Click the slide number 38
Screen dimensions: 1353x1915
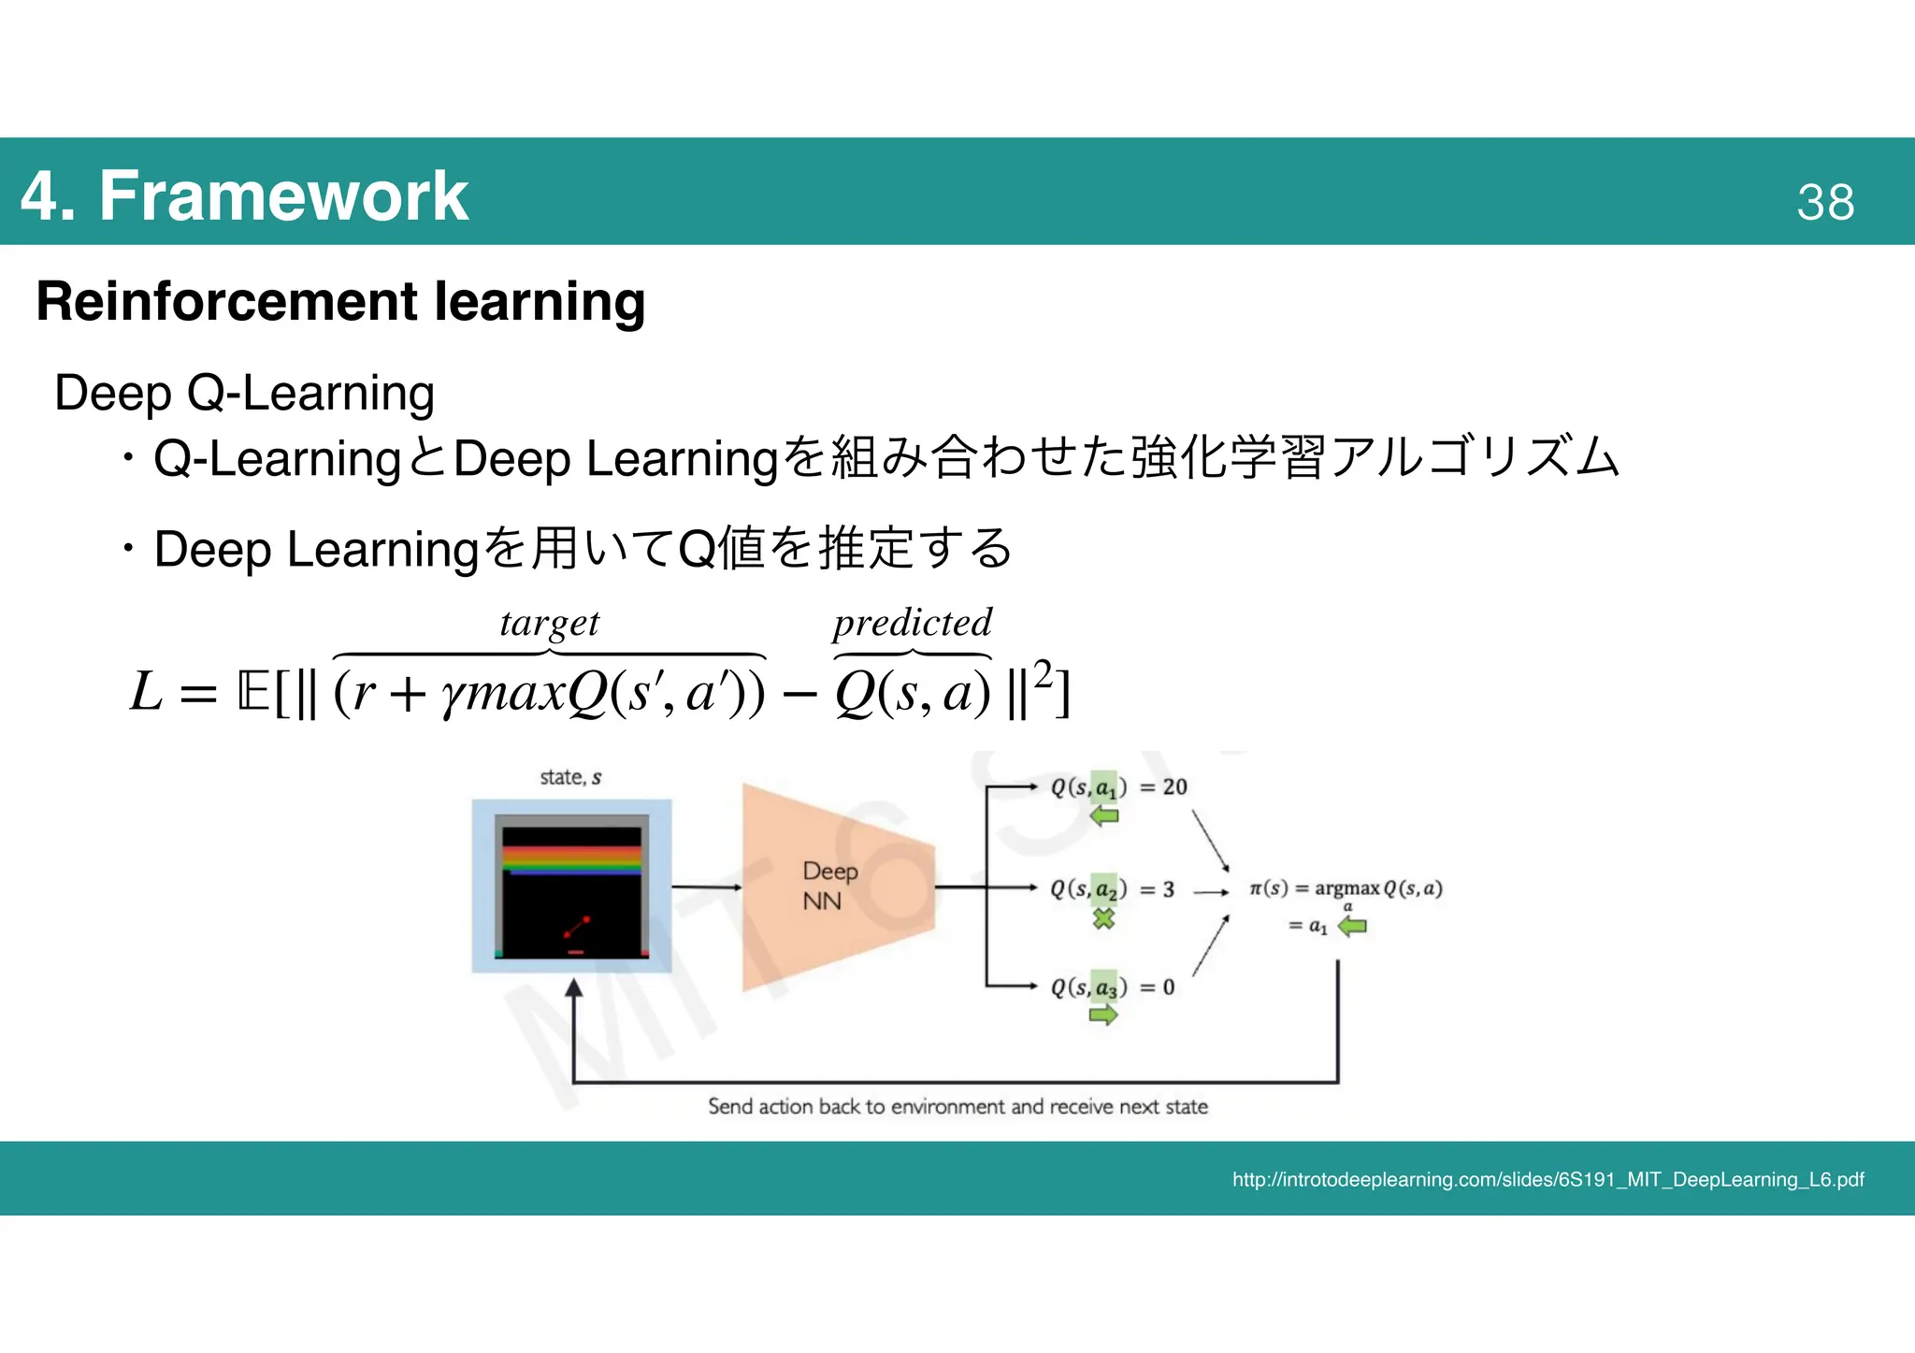click(1824, 201)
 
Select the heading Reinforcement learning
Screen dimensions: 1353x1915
click(340, 301)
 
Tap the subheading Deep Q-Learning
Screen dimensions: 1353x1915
click(244, 392)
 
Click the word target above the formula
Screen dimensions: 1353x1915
click(549, 623)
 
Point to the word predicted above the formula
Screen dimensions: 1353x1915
click(912, 623)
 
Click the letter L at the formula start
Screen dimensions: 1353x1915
click(147, 692)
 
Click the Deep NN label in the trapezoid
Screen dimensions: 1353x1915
click(828, 885)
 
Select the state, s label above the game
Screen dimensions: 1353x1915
click(570, 777)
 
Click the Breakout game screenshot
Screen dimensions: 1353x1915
click(571, 886)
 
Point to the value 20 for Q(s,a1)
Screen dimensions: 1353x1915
click(1174, 787)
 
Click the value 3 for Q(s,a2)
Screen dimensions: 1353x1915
click(1168, 889)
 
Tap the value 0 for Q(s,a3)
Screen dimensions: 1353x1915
click(1168, 987)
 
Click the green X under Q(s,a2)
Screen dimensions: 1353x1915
click(1104, 918)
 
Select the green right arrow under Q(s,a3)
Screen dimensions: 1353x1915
click(1103, 1015)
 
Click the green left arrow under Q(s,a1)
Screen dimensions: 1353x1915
click(1104, 816)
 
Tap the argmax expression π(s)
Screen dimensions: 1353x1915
click(1346, 888)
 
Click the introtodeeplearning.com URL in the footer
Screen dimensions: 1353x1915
click(1548, 1180)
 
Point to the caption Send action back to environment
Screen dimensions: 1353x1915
click(957, 1107)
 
